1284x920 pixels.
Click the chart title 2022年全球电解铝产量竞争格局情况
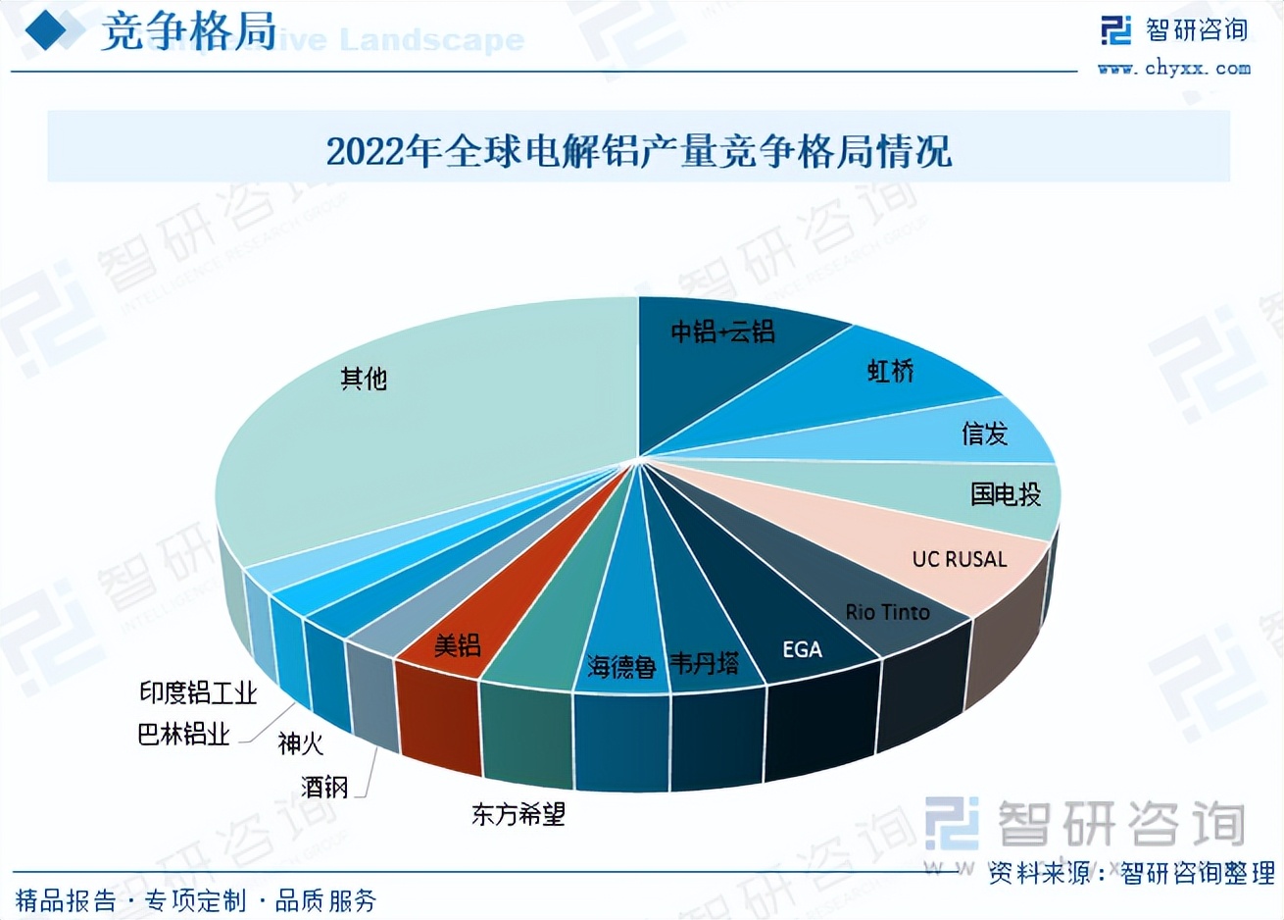[x=639, y=152]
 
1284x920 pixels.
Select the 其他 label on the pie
[x=364, y=379]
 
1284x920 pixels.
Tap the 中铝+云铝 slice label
[x=722, y=332]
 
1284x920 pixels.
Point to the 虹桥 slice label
[x=890, y=371]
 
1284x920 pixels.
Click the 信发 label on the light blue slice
[x=984, y=434]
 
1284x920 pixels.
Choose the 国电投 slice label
[x=1006, y=494]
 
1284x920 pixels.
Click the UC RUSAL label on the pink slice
[x=960, y=559]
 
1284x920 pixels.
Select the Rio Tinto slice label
[x=887, y=612]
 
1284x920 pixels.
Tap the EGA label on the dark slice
[x=802, y=649]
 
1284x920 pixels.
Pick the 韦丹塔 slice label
[x=704, y=664]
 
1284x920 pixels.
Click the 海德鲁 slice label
[x=621, y=668]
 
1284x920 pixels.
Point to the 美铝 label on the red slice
[x=458, y=645]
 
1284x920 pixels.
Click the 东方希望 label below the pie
[x=519, y=814]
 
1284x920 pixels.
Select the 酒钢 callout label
[x=324, y=787]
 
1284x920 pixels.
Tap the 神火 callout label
[x=300, y=743]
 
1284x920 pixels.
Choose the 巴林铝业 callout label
[x=183, y=734]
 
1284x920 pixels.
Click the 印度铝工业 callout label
[x=197, y=693]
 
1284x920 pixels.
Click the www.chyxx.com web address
[x=1174, y=69]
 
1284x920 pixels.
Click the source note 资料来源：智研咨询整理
[x=1131, y=872]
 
